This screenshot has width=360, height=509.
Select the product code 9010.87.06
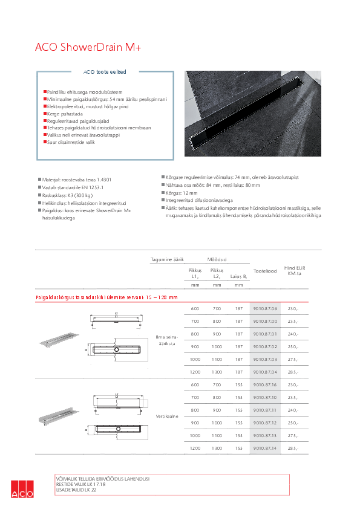pyautogui.click(x=265, y=308)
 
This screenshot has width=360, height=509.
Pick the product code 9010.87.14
pyautogui.click(x=265, y=448)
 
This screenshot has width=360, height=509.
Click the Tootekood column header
pyautogui.click(x=265, y=271)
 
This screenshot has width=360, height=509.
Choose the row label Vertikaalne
pyautogui.click(x=166, y=417)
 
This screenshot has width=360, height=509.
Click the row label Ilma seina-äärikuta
pyautogui.click(x=166, y=340)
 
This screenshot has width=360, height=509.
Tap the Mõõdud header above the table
pyautogui.click(x=217, y=259)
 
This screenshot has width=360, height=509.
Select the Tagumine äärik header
pyautogui.click(x=167, y=259)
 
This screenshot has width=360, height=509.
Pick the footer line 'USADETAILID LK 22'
pyautogui.click(x=76, y=490)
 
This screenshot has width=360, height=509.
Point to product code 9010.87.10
pyautogui.click(x=265, y=397)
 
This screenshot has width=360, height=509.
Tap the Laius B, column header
pyautogui.click(x=239, y=277)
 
